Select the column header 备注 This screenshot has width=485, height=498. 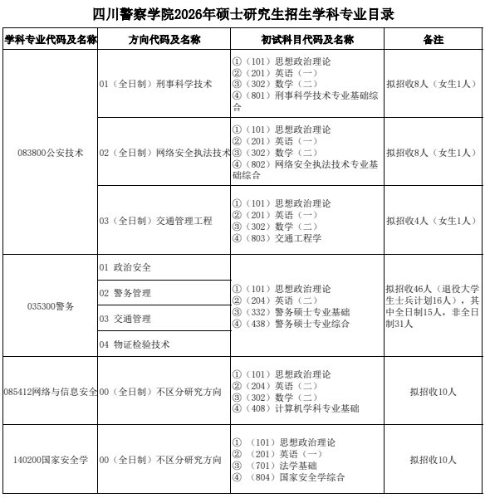433,40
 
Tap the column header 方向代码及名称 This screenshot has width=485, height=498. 164,40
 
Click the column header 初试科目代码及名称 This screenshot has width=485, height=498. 306,40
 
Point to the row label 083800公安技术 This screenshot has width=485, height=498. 51,153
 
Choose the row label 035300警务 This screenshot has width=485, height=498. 51,305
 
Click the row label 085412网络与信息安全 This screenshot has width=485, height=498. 51,391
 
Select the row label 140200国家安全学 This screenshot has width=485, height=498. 51,460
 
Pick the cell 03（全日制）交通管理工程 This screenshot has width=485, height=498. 155,221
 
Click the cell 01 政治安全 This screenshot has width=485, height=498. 125,267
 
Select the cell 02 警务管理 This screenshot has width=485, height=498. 125,293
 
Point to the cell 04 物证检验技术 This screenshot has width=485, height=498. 135,344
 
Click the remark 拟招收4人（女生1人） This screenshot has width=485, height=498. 431,221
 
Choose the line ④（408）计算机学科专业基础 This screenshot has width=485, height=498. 296,408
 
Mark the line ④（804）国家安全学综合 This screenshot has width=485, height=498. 288,477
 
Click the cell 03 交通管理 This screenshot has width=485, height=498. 125,319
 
